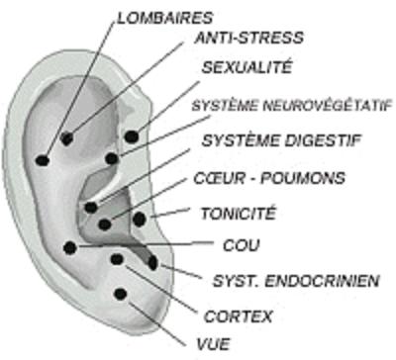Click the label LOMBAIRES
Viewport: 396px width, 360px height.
165,18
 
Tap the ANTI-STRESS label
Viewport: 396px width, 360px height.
249,38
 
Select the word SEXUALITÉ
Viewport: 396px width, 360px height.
247,67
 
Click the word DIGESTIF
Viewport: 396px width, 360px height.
322,140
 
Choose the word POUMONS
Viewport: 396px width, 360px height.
303,178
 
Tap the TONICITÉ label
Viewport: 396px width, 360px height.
239,214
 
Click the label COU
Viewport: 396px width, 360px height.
242,245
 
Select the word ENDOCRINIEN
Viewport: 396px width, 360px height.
322,281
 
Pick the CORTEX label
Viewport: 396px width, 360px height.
239,316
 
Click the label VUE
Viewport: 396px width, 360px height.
214,344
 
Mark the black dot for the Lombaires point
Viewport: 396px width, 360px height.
43,160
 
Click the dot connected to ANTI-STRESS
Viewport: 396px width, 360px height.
67,138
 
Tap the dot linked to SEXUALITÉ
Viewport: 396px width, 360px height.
132,136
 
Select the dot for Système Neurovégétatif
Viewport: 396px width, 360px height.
112,158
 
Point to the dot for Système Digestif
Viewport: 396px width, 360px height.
91,208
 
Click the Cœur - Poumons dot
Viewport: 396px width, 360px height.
105,225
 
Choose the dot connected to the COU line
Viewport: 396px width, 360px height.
70,247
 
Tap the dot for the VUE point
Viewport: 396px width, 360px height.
121,294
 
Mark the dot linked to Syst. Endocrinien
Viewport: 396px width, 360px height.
152,263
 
